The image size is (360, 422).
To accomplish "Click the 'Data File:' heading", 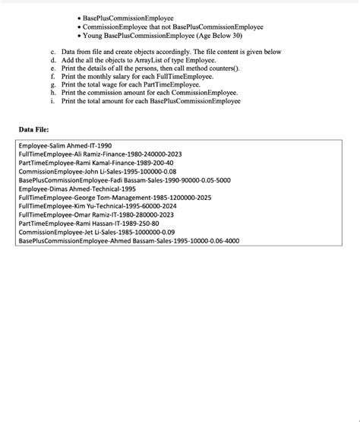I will [x=33, y=129].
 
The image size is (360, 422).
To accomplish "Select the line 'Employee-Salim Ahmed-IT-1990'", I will [x=65, y=145].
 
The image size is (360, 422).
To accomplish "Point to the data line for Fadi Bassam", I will [x=125, y=180].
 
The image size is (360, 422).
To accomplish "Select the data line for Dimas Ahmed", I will [x=77, y=189].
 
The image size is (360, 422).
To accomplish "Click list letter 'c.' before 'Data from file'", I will [x=54, y=52].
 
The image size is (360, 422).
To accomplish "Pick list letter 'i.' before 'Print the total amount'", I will [x=53, y=101].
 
